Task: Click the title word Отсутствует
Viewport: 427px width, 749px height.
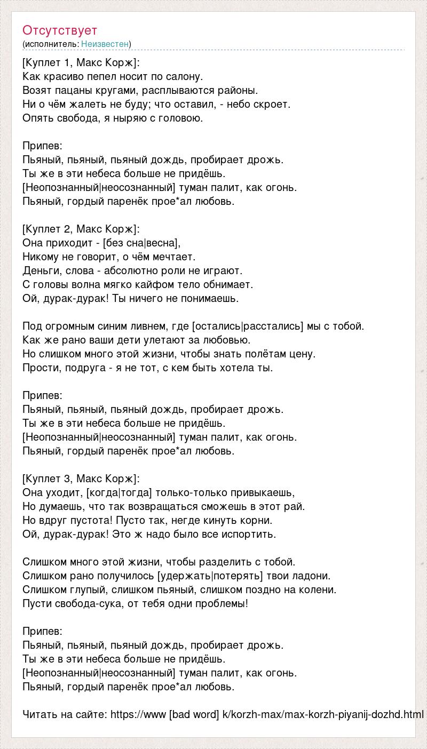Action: pyautogui.click(x=60, y=30)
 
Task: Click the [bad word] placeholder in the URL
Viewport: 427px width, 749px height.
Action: pyautogui.click(x=194, y=714)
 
